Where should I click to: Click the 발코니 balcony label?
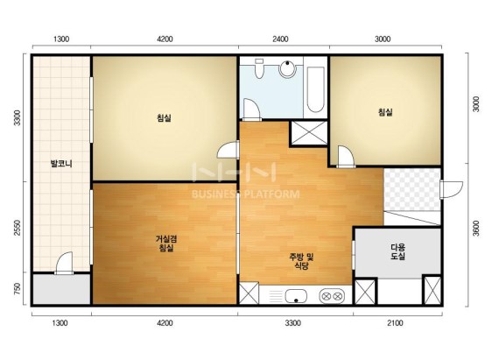[x=61, y=164]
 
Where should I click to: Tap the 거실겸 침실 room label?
[x=166, y=244]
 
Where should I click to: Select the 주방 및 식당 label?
[x=301, y=262]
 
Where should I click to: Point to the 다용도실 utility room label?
[x=397, y=251]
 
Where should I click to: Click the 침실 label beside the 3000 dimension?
[x=385, y=112]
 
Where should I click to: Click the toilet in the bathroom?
[x=259, y=68]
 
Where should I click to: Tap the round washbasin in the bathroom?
[x=287, y=68]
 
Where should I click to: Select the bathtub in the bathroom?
[x=315, y=89]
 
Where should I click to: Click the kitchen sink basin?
[x=296, y=296]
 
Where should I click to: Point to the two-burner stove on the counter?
[x=332, y=296]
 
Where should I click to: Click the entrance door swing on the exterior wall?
[x=451, y=189]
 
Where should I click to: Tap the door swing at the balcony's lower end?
[x=64, y=263]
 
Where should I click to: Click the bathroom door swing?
[x=252, y=109]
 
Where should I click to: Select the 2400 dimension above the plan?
[x=280, y=39]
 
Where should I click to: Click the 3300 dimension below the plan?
[x=292, y=323]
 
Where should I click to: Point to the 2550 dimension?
[x=18, y=228]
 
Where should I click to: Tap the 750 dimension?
[x=18, y=289]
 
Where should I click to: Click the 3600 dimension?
[x=476, y=229]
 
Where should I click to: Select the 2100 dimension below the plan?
[x=395, y=323]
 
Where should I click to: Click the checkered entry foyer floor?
[x=411, y=189]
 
